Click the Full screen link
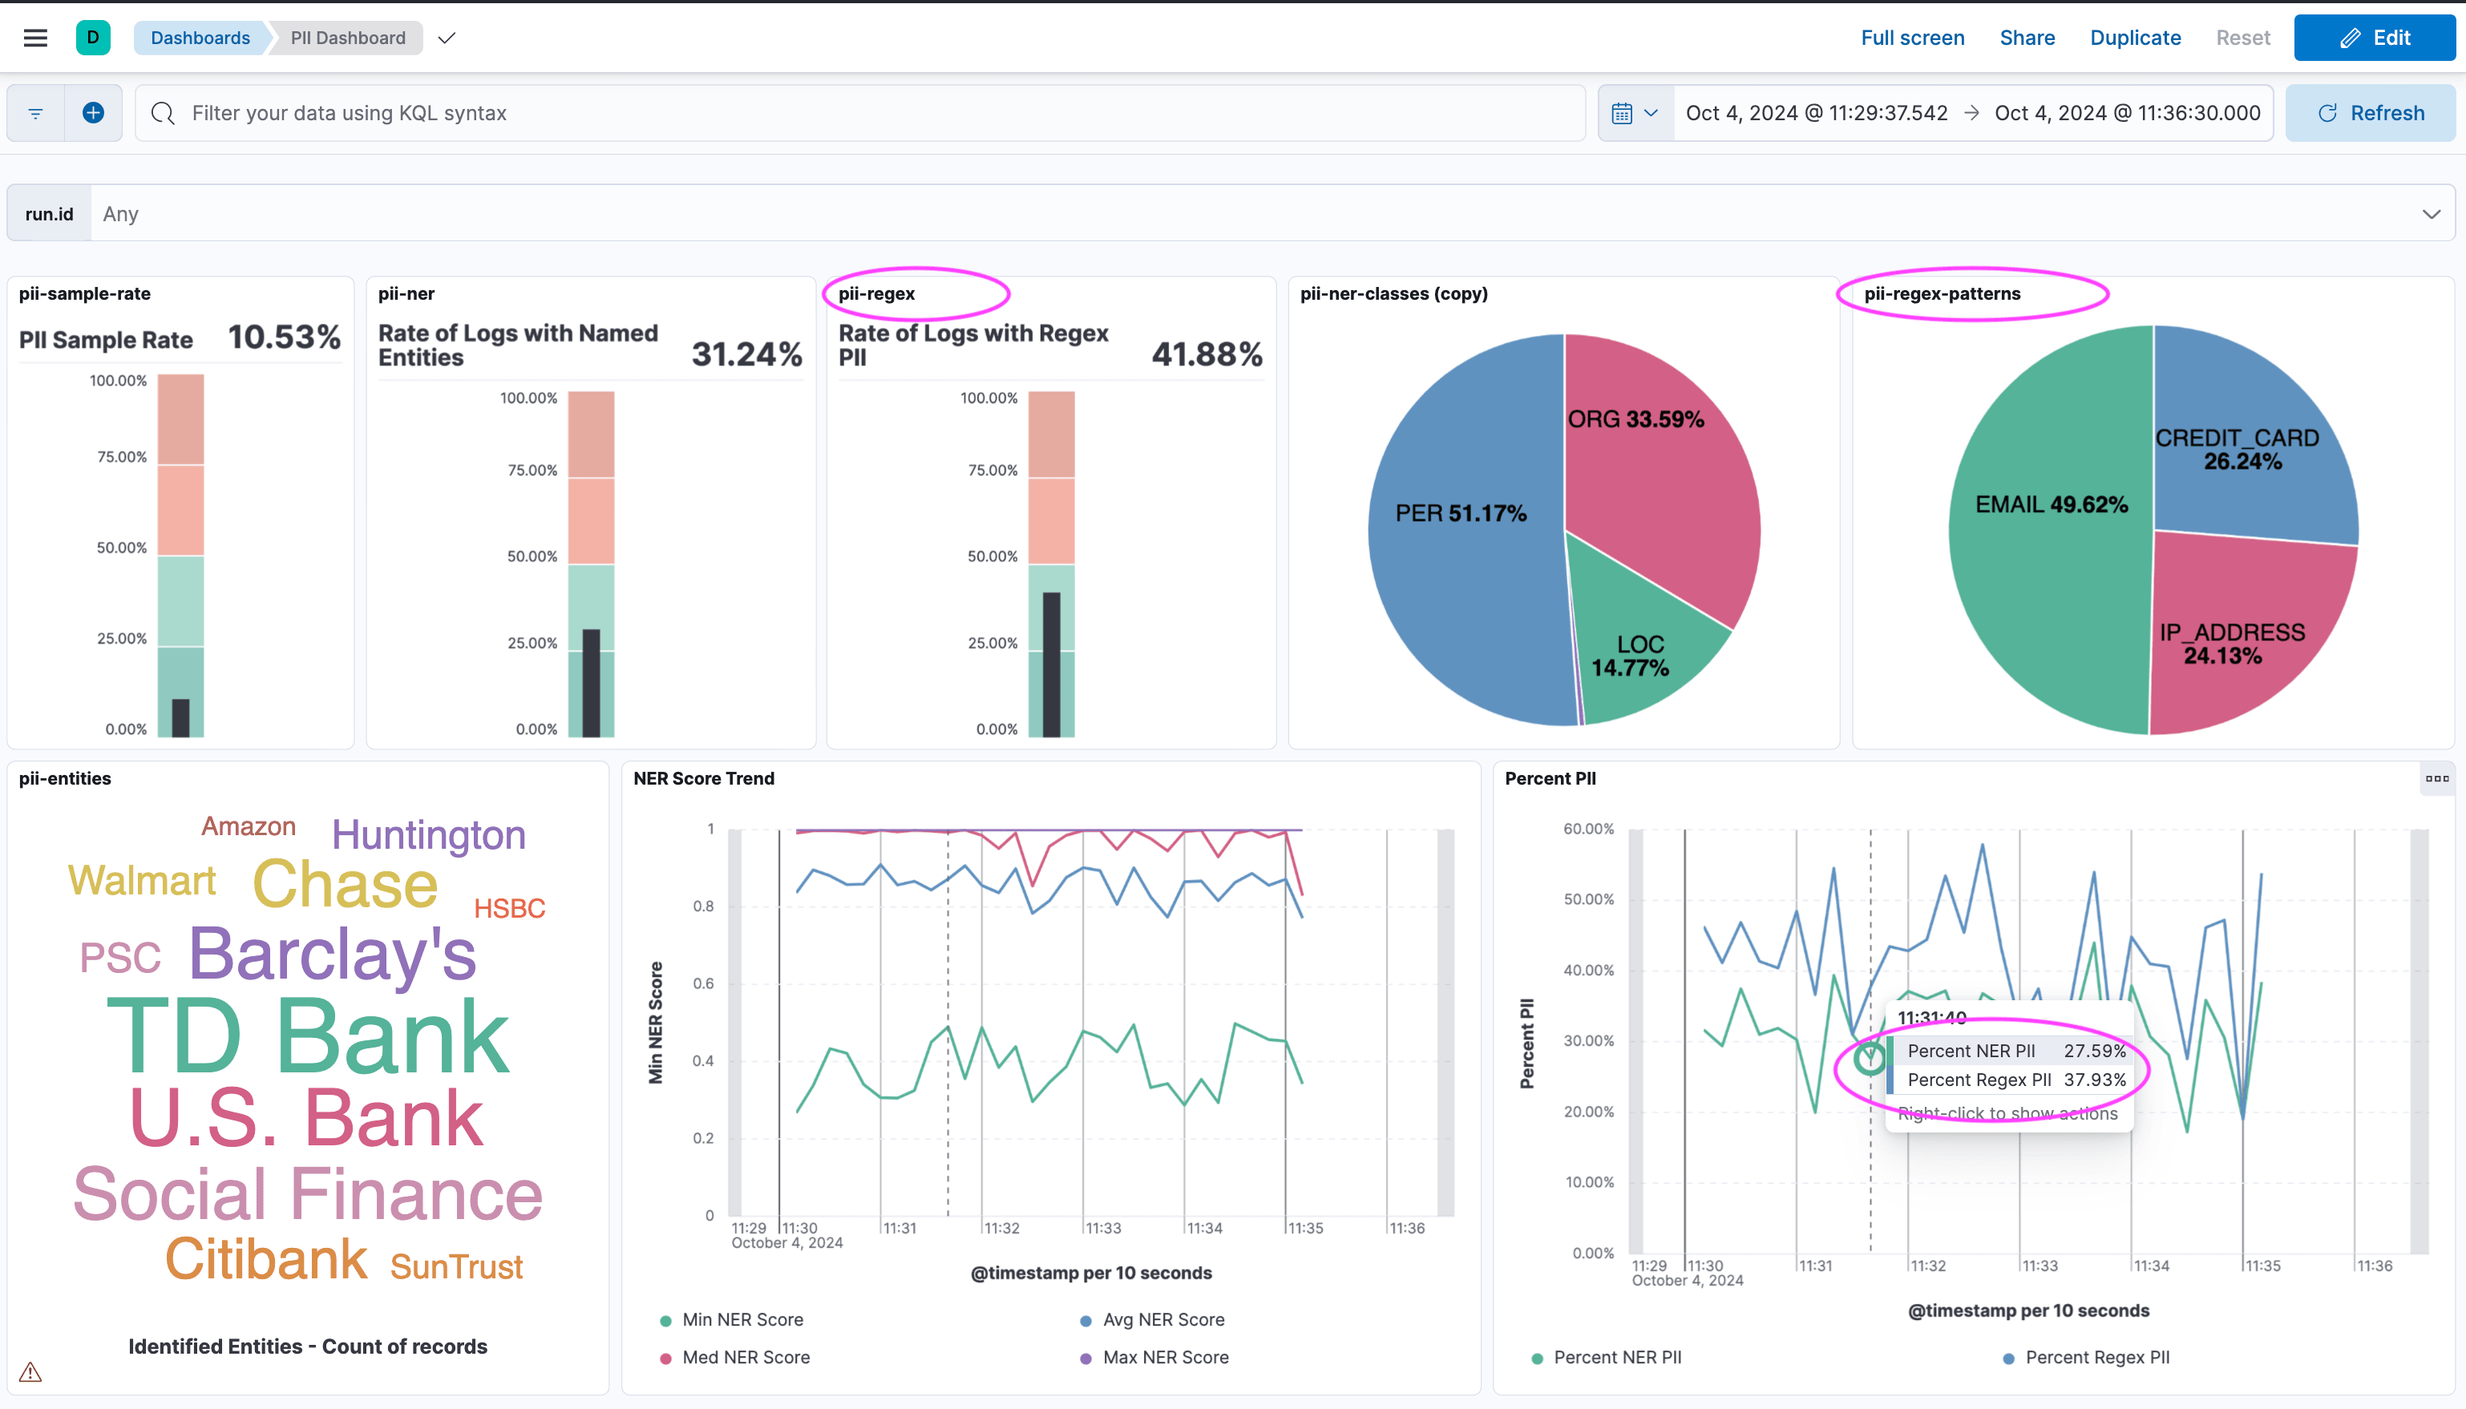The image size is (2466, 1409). point(1911,38)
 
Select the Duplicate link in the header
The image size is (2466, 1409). point(2134,38)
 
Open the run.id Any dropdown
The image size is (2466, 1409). point(1258,214)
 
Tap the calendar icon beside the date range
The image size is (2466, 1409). point(1622,113)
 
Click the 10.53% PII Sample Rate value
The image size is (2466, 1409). point(284,337)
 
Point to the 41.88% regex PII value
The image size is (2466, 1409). point(1206,354)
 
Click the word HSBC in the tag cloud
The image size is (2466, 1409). point(509,908)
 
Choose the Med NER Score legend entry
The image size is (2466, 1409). point(746,1357)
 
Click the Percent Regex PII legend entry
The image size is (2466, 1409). point(2096,1357)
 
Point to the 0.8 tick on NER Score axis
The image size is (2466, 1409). point(704,906)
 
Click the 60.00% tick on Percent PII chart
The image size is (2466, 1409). point(1588,829)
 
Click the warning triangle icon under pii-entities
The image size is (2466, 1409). point(30,1371)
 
